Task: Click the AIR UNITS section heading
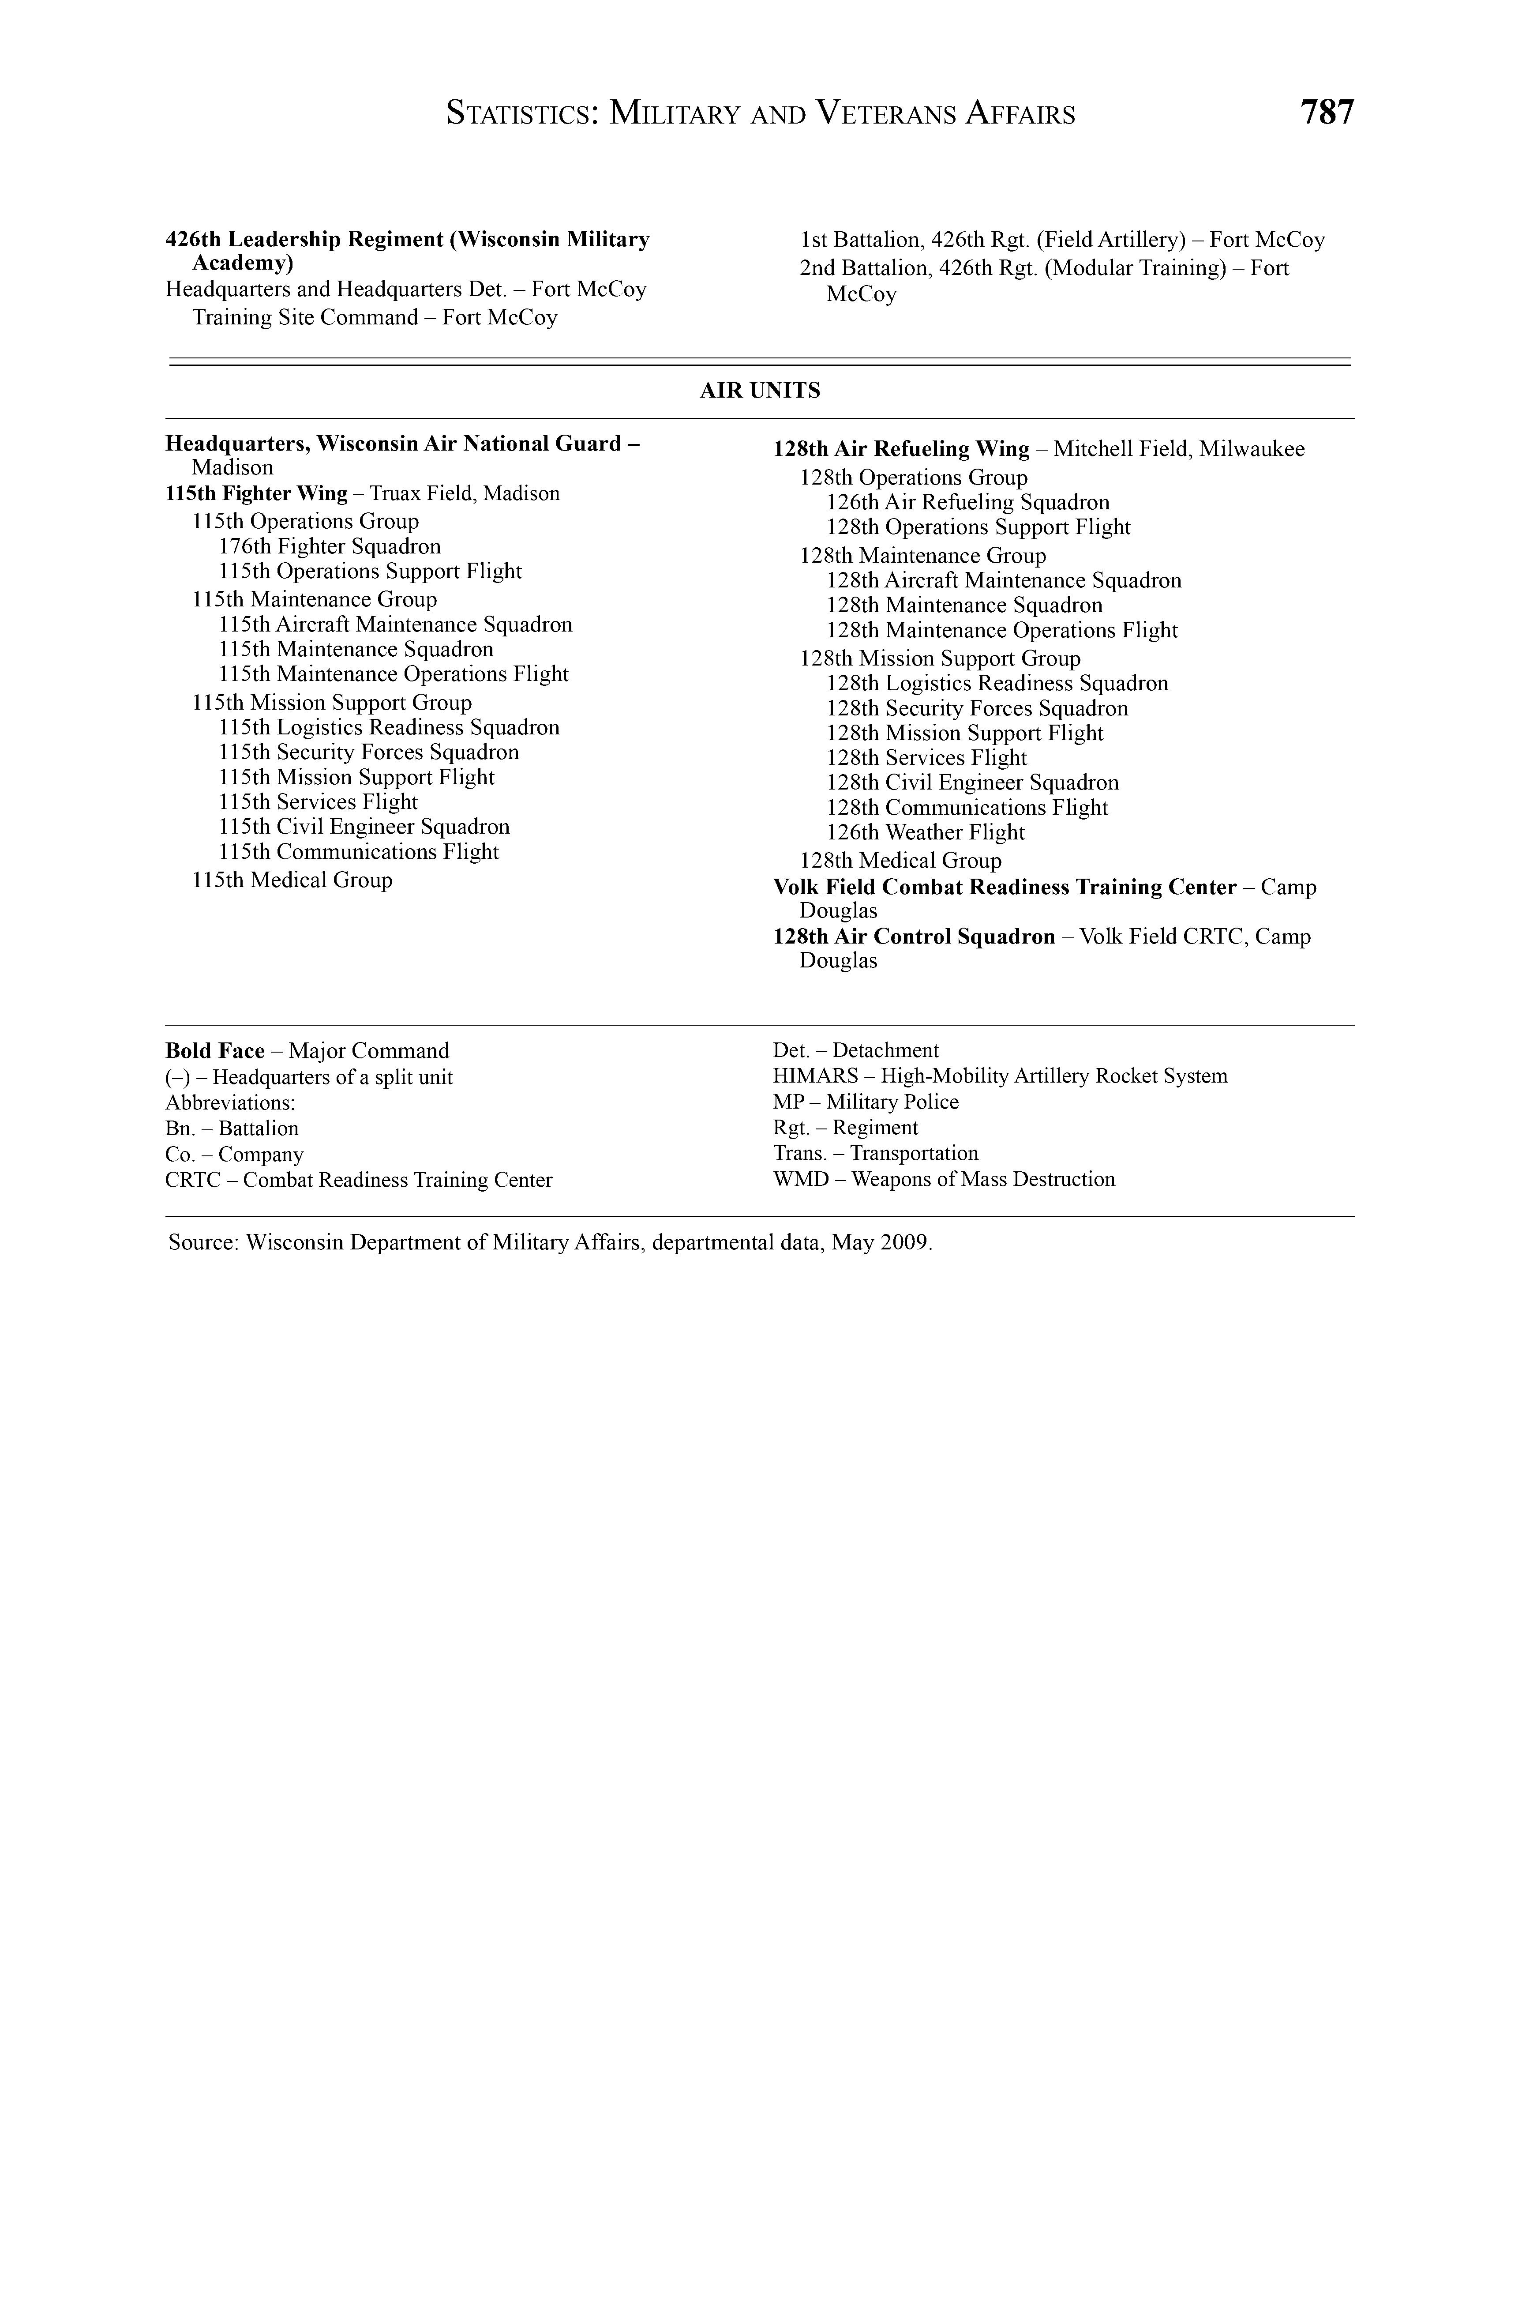click(760, 391)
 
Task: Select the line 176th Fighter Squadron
click(330, 546)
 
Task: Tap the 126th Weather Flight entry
click(926, 832)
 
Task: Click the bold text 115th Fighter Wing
click(257, 493)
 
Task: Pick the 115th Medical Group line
click(292, 880)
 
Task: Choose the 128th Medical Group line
click(900, 861)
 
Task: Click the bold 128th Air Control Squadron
click(914, 937)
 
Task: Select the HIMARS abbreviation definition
click(999, 1076)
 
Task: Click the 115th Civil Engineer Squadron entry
click(364, 827)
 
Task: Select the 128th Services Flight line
click(926, 757)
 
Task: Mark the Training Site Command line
click(375, 317)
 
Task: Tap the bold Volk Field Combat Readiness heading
click(1004, 887)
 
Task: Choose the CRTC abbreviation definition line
click(358, 1180)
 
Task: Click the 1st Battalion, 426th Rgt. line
click(1062, 240)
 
